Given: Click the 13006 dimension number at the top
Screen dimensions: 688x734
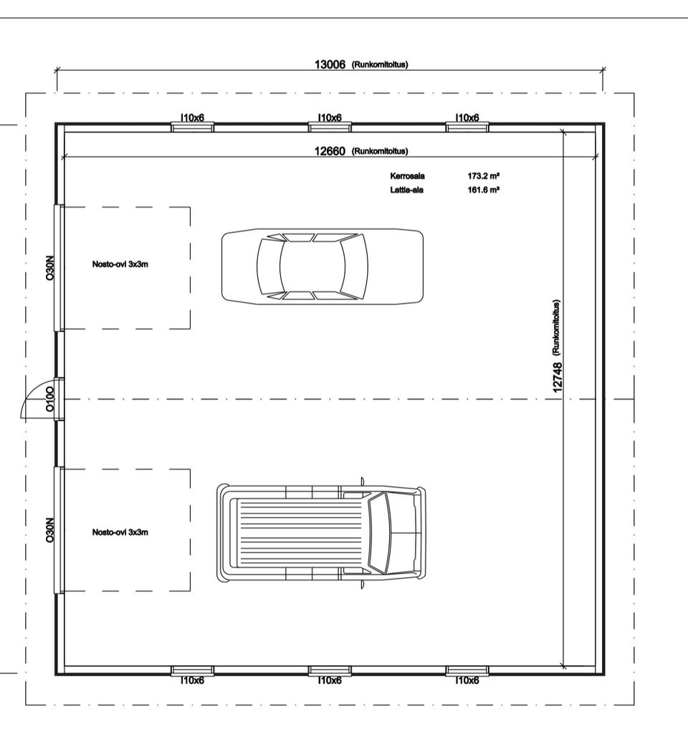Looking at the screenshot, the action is pyautogui.click(x=330, y=64).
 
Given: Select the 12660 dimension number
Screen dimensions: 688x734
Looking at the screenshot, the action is pyautogui.click(x=330, y=151).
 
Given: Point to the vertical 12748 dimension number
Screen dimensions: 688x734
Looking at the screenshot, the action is pyautogui.click(x=557, y=377).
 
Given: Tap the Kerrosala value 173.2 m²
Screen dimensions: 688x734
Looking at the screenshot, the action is pyautogui.click(x=483, y=176).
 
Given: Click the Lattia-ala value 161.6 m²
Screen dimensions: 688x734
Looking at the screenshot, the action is pyautogui.click(x=483, y=190).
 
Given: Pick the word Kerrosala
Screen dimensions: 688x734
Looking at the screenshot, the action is pyautogui.click(x=408, y=176).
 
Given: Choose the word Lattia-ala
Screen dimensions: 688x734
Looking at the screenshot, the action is pyautogui.click(x=406, y=190).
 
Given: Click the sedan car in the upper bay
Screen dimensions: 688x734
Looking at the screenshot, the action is pyautogui.click(x=322, y=266).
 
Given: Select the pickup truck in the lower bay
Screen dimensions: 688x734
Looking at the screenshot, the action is pyautogui.click(x=321, y=532).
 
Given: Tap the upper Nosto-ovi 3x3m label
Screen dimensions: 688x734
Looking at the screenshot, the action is pyautogui.click(x=120, y=264).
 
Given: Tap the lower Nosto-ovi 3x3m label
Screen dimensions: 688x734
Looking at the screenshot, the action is pyautogui.click(x=120, y=532).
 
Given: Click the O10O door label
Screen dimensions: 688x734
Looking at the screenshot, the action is pyautogui.click(x=49, y=400).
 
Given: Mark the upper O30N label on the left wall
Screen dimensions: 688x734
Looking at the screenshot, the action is pyautogui.click(x=49, y=268).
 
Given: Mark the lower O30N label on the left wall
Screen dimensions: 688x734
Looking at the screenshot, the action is pyautogui.click(x=49, y=531).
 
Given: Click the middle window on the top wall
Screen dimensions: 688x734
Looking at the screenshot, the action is pyautogui.click(x=330, y=127).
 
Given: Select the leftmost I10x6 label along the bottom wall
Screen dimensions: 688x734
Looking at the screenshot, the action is pyautogui.click(x=193, y=680).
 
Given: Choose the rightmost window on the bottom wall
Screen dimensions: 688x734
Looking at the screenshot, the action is pyautogui.click(x=467, y=671).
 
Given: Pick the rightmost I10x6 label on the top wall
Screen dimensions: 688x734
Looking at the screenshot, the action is pyautogui.click(x=467, y=117).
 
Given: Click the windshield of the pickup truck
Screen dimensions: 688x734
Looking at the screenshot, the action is pyautogui.click(x=380, y=533).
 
